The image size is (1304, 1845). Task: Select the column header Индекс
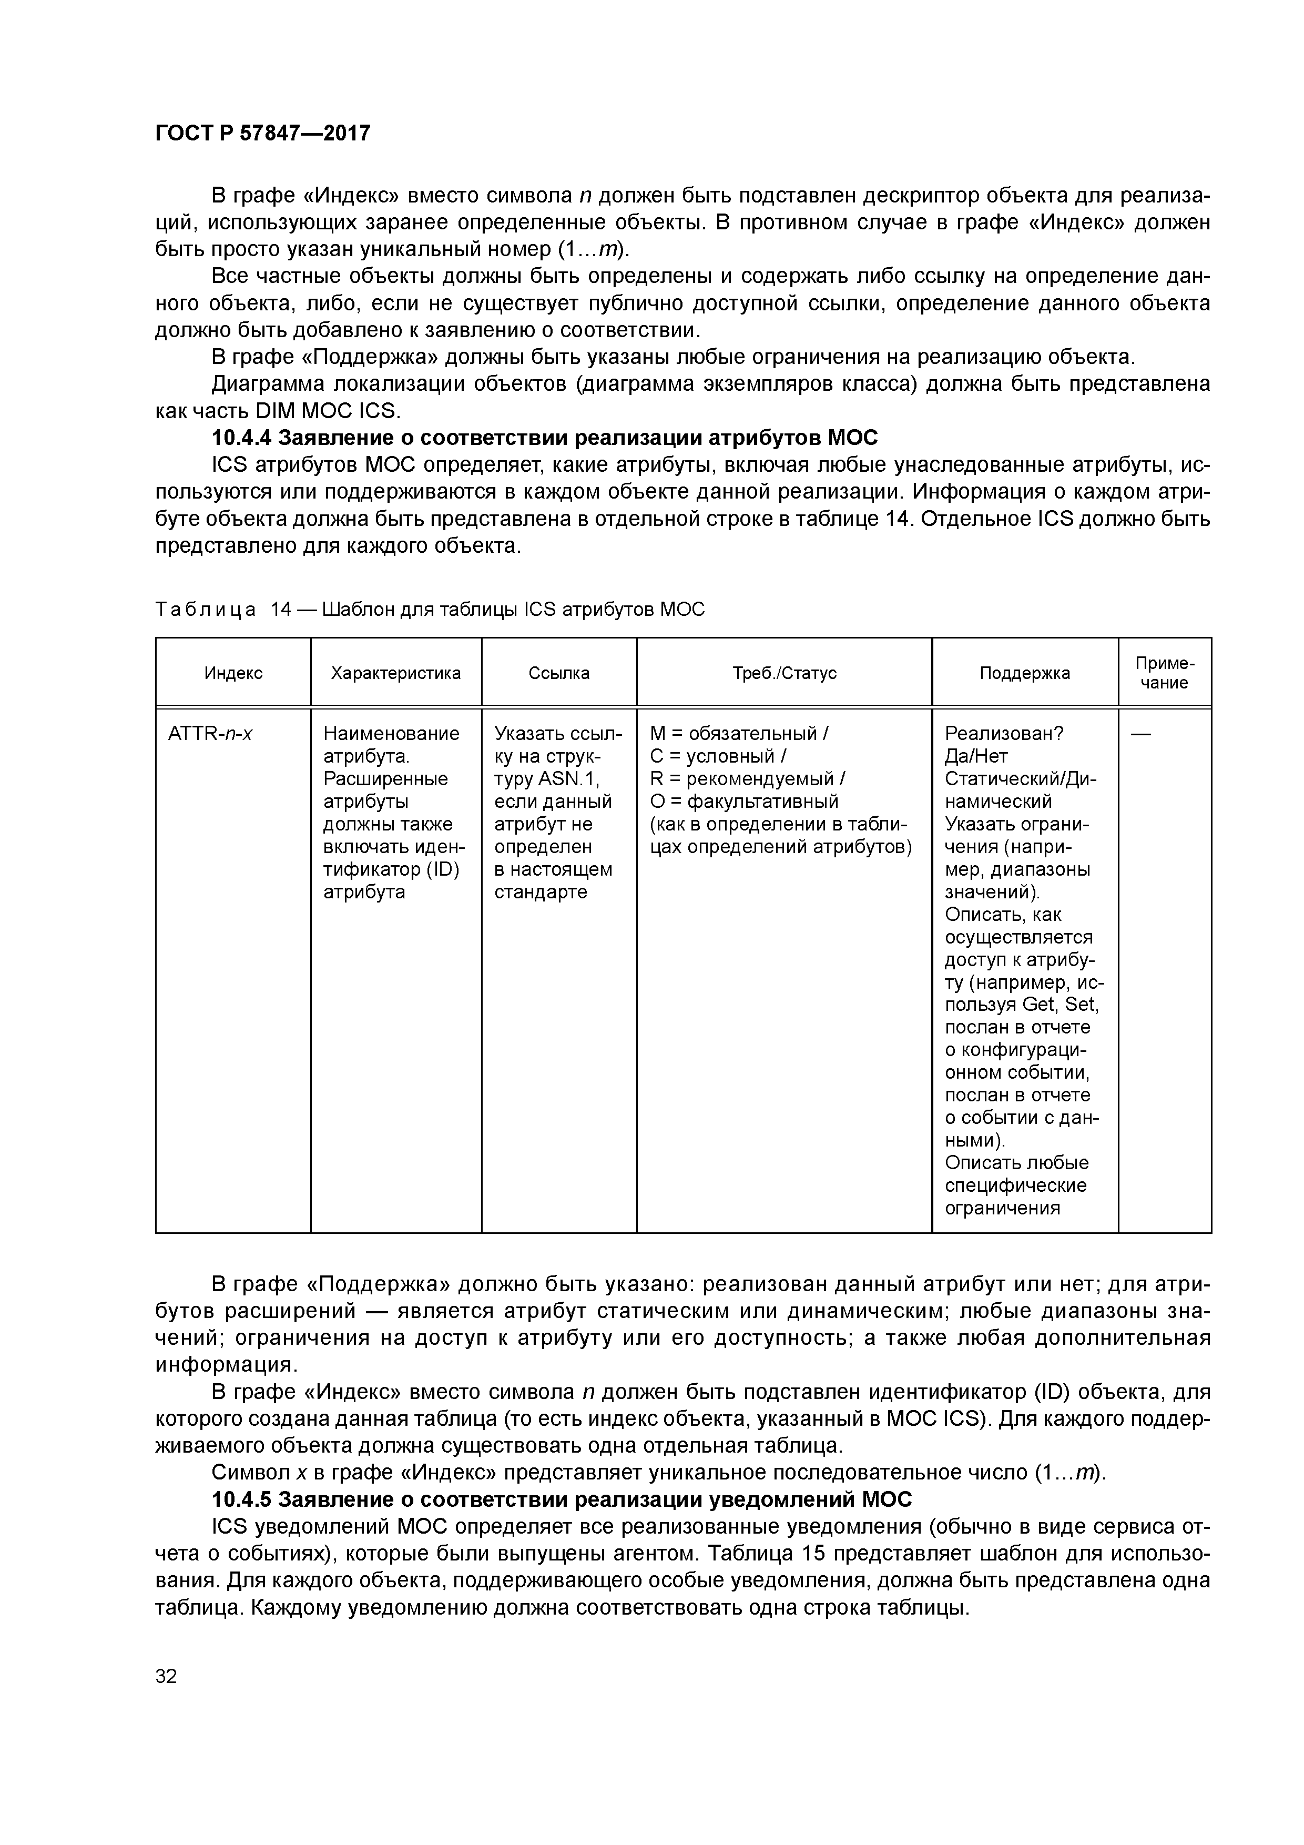[x=233, y=673]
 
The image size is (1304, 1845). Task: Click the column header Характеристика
[x=395, y=673]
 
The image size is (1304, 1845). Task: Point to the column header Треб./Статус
[x=783, y=673]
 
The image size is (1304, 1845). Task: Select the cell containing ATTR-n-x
[x=210, y=734]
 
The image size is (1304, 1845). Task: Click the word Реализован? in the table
[x=1004, y=734]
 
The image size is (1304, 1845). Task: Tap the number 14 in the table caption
[x=281, y=610]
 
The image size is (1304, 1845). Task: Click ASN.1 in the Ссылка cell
[x=569, y=779]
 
